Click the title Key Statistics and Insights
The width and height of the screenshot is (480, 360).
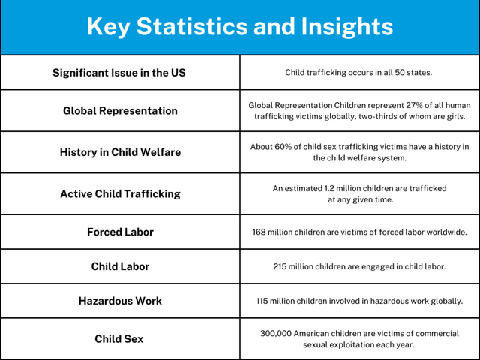click(240, 27)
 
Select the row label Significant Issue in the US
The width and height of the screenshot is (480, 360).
click(119, 73)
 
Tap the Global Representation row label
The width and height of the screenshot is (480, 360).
click(120, 111)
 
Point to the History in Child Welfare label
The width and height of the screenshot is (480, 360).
click(120, 152)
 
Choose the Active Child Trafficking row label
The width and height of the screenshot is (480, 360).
click(120, 193)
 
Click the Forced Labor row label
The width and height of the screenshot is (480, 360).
click(120, 232)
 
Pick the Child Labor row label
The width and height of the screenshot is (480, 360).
click(120, 266)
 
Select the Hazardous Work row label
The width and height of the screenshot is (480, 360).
click(120, 301)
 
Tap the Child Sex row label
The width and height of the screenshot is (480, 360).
click(119, 339)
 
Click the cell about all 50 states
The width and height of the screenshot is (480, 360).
click(359, 73)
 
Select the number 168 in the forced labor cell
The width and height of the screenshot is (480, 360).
click(262, 232)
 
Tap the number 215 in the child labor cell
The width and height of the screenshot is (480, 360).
click(283, 267)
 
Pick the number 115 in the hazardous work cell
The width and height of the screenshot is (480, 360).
click(265, 301)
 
